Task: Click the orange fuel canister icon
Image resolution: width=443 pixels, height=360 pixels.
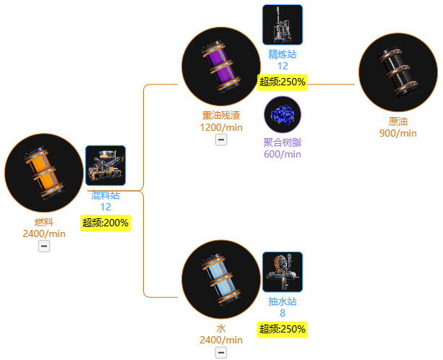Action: point(44,173)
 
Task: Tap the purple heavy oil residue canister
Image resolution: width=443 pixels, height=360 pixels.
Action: point(221,67)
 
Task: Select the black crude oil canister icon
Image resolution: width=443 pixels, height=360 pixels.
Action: point(398,72)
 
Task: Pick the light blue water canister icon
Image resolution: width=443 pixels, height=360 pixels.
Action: point(221,279)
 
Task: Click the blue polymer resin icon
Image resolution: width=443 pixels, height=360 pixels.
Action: point(283,114)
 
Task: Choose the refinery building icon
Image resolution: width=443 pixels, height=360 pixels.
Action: point(283,25)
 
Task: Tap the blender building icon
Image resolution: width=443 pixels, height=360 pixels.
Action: point(106,166)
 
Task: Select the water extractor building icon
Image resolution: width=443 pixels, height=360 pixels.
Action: point(283,272)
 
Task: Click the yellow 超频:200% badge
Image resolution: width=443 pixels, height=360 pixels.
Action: point(106,223)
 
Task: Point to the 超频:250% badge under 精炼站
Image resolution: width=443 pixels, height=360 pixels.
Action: point(283,82)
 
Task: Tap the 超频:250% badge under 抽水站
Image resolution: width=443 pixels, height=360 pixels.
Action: point(283,330)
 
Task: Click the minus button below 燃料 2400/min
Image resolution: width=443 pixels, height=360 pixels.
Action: point(44,246)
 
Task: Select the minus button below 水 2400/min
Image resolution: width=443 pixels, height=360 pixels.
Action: point(221,352)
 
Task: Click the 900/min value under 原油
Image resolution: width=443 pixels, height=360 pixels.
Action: point(398,133)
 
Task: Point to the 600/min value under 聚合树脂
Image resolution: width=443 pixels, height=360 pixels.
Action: point(283,154)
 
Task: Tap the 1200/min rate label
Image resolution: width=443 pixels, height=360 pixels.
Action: point(221,127)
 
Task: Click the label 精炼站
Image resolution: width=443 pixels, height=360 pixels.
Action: point(283,54)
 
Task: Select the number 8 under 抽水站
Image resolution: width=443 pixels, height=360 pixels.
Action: point(283,313)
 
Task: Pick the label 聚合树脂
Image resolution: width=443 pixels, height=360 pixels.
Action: point(283,142)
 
